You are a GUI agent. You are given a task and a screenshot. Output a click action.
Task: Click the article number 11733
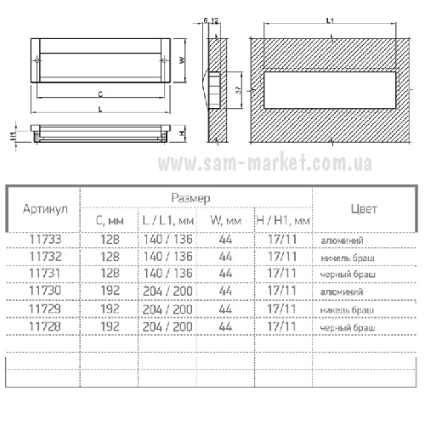click(45, 240)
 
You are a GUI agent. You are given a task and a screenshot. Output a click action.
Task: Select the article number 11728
click(45, 326)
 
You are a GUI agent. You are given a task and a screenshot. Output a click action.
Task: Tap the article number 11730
click(45, 291)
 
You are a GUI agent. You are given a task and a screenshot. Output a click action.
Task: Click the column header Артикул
click(45, 209)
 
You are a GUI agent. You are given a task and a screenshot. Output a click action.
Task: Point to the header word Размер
click(190, 198)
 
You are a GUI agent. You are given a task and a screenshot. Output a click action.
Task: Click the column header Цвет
click(364, 209)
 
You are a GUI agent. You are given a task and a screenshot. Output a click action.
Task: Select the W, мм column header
click(226, 220)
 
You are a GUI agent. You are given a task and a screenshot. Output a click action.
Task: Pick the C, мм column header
click(110, 221)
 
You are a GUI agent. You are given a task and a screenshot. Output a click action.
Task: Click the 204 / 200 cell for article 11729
click(167, 309)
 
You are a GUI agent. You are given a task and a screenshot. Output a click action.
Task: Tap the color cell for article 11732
click(348, 258)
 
